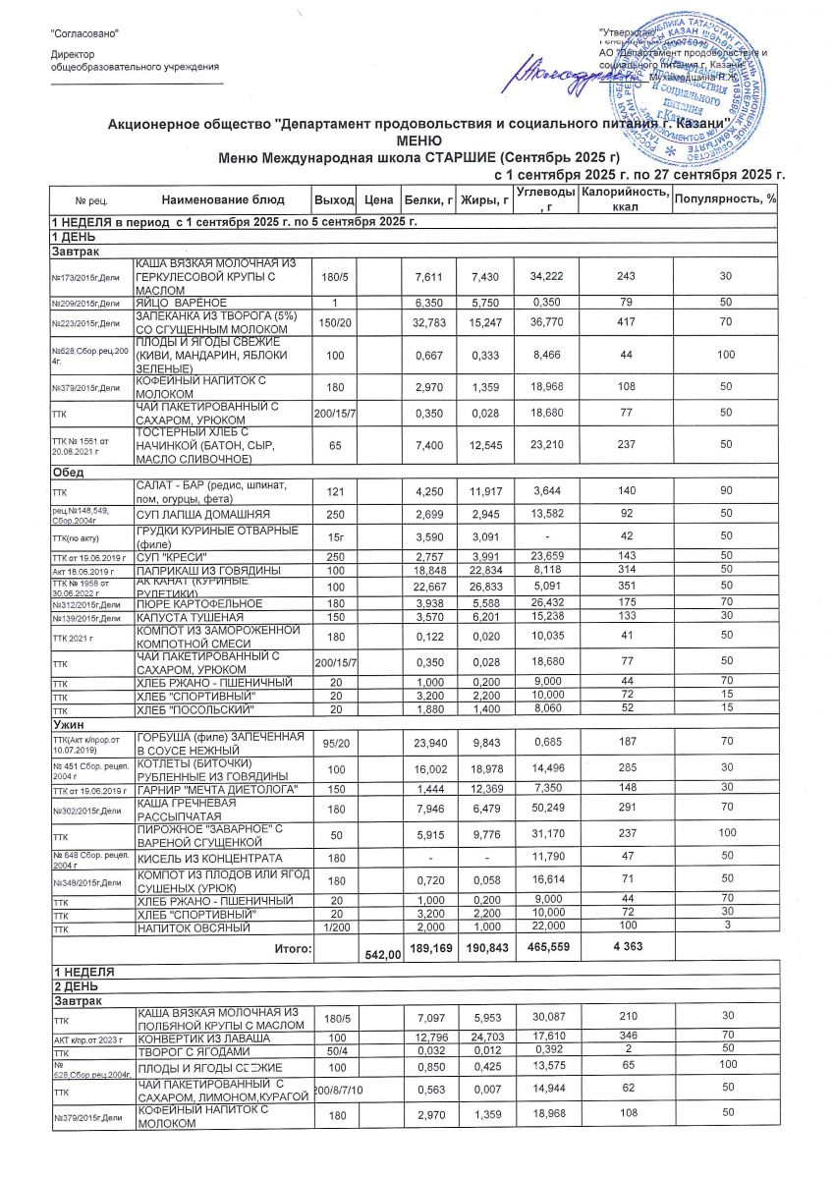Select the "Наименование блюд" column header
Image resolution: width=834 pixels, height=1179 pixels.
point(215,200)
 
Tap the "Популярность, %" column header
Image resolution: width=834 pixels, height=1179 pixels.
point(724,200)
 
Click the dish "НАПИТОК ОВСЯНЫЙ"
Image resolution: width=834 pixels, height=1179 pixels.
point(191,926)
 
